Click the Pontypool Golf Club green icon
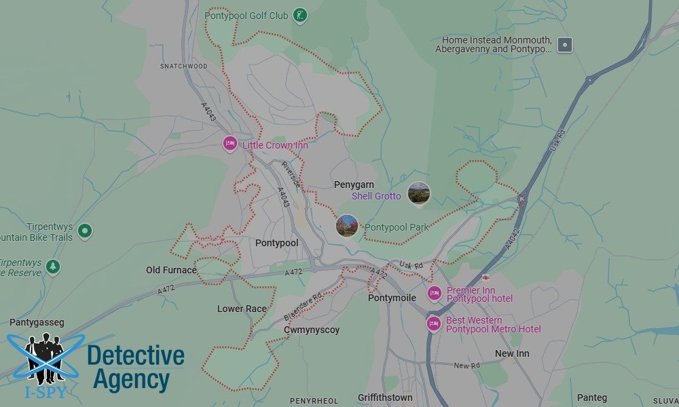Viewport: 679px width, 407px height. [301, 15]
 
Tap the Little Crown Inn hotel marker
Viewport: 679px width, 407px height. [230, 144]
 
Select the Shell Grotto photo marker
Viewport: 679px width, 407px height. [419, 193]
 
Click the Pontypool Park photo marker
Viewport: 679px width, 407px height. [347, 226]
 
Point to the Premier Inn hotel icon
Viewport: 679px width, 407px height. [434, 294]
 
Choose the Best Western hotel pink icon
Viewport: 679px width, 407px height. [434, 324]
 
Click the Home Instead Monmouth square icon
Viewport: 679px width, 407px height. [565, 45]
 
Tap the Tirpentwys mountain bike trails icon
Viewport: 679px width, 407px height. [85, 231]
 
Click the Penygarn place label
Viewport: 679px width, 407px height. [354, 185]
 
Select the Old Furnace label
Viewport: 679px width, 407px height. [171, 270]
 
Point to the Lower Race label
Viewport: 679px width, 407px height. [242, 309]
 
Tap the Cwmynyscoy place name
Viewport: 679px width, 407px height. [312, 330]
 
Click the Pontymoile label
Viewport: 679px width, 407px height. [391, 298]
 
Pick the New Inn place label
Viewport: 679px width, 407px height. [512, 353]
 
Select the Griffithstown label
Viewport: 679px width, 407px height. [385, 398]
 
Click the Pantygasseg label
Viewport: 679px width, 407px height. [37, 323]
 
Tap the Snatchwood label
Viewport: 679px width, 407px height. [183, 66]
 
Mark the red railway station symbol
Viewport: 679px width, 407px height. [486, 277]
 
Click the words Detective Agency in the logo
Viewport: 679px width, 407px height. [136, 368]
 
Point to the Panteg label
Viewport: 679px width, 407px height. [592, 398]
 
